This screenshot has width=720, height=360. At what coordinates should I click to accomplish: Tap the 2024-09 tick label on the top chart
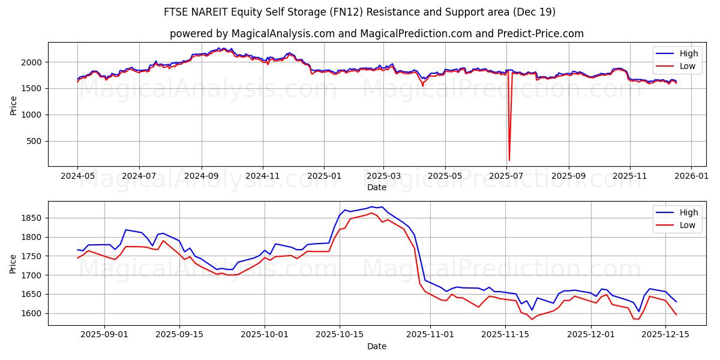pos(201,176)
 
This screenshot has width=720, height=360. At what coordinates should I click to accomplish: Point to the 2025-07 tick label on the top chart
pos(507,176)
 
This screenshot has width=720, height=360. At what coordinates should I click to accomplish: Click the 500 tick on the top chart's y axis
pos(34,141)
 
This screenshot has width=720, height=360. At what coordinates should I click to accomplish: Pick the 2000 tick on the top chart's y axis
pos(32,62)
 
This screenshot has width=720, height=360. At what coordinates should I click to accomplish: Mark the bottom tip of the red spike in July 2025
pos(509,160)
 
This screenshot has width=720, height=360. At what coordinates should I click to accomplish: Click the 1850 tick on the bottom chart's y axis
pos(32,218)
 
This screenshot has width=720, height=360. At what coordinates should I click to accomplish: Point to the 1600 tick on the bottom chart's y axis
pos(32,313)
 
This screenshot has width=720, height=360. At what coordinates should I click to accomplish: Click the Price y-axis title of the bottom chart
pos(14,263)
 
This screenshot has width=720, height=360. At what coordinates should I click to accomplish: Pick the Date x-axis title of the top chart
pos(376,187)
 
